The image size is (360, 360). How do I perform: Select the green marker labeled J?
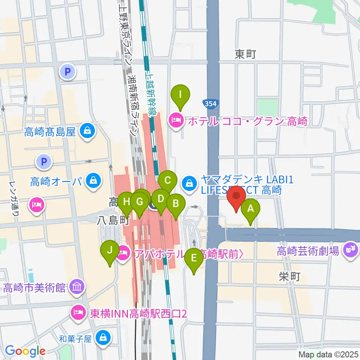pyautogui.click(x=109, y=250)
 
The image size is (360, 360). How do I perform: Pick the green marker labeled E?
pyautogui.click(x=194, y=258)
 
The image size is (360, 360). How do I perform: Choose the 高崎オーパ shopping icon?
pyautogui.click(x=92, y=181)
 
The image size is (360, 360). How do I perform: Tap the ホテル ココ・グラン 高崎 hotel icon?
pyautogui.click(x=176, y=121)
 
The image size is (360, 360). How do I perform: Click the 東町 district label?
pyautogui.click(x=245, y=55)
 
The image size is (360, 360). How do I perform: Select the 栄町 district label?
pyautogui.click(x=289, y=277)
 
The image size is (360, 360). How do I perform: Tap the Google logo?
pyautogui.click(x=25, y=351)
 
